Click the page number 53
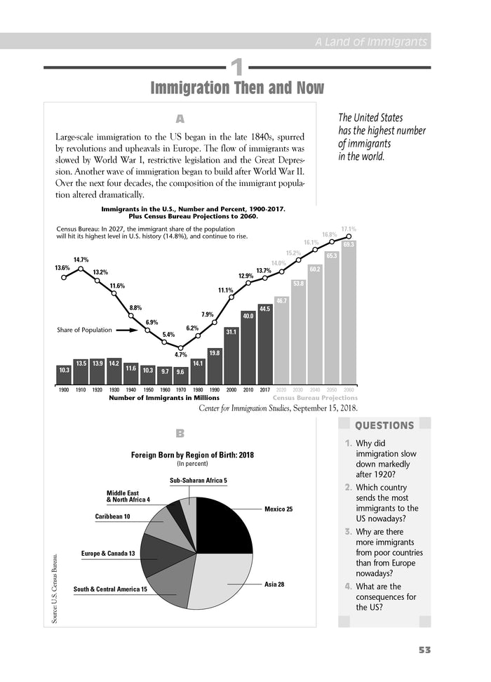coord(423,650)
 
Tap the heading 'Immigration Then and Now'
coord(237,88)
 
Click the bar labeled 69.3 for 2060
coord(349,312)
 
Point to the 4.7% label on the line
coord(181,355)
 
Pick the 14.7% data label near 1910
coord(81,260)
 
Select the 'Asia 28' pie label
coord(274,584)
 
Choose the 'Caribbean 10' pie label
coord(112,516)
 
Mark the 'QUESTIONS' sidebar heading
coord(385,425)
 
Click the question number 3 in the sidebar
coord(349,531)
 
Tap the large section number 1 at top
coord(237,67)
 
